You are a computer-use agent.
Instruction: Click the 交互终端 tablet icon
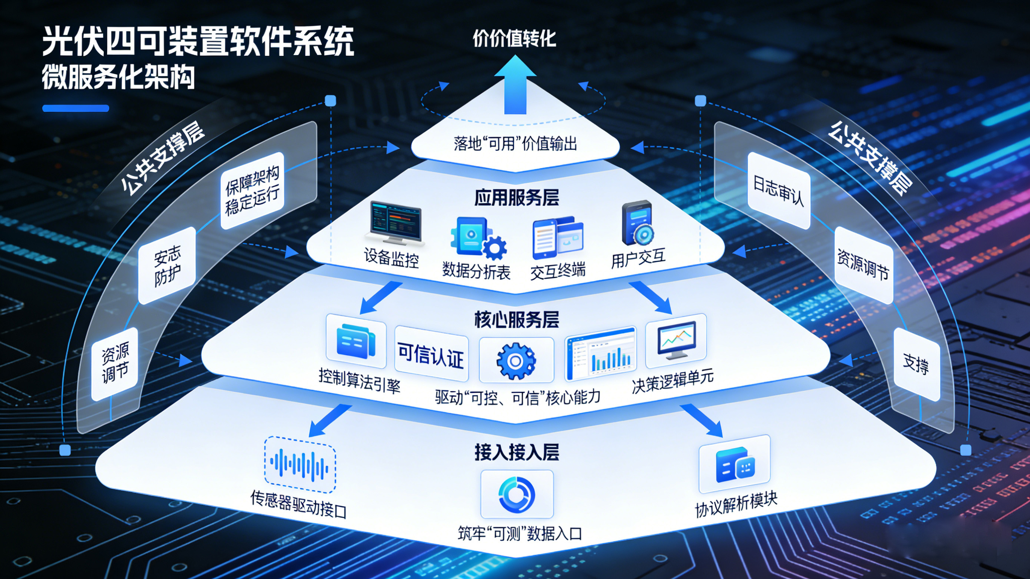click(x=557, y=238)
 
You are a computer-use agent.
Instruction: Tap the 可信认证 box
click(x=431, y=354)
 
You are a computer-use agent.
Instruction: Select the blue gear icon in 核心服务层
click(x=516, y=361)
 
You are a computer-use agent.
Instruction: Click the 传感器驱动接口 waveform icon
click(x=300, y=464)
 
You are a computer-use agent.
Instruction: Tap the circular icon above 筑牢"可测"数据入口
click(x=517, y=494)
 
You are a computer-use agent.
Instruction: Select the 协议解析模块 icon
click(x=735, y=465)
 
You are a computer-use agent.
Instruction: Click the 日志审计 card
click(x=778, y=191)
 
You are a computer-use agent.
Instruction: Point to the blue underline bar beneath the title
click(x=75, y=108)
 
